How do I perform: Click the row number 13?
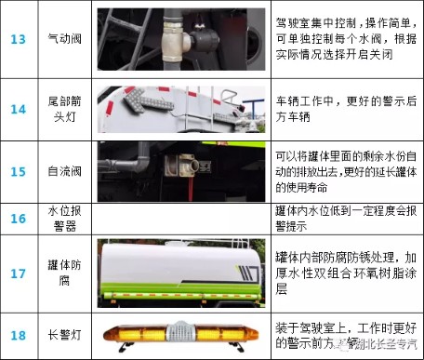coord(19,40)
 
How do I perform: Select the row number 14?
coord(19,109)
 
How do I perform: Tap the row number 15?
coord(19,173)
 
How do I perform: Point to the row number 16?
coord(19,219)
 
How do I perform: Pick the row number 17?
coord(19,274)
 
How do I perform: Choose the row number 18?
coord(19,336)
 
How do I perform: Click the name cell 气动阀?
coord(64,40)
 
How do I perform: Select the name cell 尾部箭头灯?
coord(64,109)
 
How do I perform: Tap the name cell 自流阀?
coord(64,173)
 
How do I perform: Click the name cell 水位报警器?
coord(64,219)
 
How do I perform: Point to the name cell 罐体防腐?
coord(64,274)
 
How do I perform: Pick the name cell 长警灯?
coord(64,336)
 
